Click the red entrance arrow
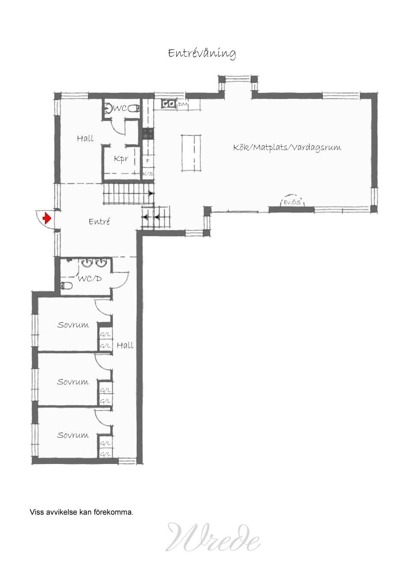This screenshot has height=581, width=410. point(47,218)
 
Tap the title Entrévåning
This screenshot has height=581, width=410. point(202,53)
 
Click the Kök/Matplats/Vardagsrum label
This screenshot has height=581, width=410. point(287,147)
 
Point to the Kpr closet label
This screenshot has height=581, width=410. point(121,159)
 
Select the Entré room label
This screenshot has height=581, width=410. point(99,221)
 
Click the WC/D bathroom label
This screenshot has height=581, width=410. point(90,279)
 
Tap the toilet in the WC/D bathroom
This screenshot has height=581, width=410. point(66,286)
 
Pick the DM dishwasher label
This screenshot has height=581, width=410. point(183,104)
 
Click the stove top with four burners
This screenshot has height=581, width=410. point(148,134)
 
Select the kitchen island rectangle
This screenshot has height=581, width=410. point(191,153)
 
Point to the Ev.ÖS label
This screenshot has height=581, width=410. point(292,202)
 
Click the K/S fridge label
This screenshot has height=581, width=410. point(148,174)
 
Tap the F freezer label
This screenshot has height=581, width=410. point(148,161)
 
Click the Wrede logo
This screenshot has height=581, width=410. point(213,537)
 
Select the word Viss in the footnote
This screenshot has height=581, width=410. point(37,512)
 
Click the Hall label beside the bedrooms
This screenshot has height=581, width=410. point(125,345)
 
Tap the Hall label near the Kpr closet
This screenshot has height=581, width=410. point(85,138)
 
